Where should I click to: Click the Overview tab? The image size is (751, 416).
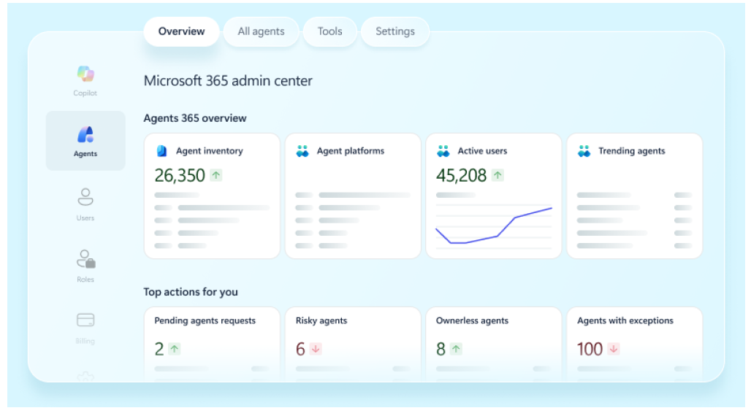click(x=181, y=31)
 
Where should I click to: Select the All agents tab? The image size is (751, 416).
click(x=262, y=31)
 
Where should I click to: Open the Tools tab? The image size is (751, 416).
click(x=329, y=31)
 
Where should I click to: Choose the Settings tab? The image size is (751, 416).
click(x=394, y=31)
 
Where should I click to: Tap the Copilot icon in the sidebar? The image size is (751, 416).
click(x=85, y=74)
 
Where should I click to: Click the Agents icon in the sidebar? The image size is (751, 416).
click(x=85, y=135)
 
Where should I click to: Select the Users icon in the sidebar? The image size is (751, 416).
click(x=85, y=197)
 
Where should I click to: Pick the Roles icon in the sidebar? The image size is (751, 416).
click(x=85, y=259)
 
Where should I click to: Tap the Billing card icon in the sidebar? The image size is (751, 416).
click(x=85, y=320)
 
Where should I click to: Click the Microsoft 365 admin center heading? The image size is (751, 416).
click(x=228, y=81)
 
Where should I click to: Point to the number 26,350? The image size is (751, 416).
click(x=180, y=175)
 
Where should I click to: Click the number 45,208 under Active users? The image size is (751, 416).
click(x=461, y=175)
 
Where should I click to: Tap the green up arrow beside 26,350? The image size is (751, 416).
click(x=216, y=175)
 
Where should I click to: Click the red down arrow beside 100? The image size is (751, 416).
click(x=614, y=349)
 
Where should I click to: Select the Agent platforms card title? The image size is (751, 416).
click(x=350, y=151)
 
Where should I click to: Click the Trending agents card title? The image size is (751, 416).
click(x=631, y=151)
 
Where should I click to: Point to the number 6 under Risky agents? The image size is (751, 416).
click(x=300, y=349)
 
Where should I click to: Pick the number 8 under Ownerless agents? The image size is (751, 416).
click(x=441, y=349)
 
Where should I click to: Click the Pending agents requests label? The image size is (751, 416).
click(x=205, y=320)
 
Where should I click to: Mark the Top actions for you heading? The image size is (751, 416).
click(x=191, y=292)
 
